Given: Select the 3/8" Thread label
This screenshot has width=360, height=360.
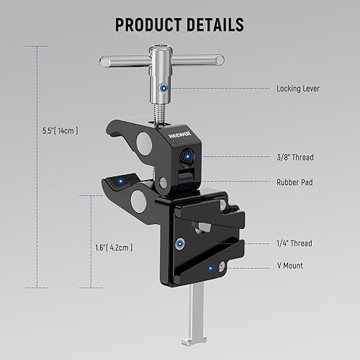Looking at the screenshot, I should click(295, 157).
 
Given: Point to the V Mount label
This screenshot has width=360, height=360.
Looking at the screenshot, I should click(290, 266).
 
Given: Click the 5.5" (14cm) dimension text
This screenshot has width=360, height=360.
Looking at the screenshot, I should click(60, 132).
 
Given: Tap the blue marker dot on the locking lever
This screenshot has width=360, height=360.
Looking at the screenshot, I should click(164, 86).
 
